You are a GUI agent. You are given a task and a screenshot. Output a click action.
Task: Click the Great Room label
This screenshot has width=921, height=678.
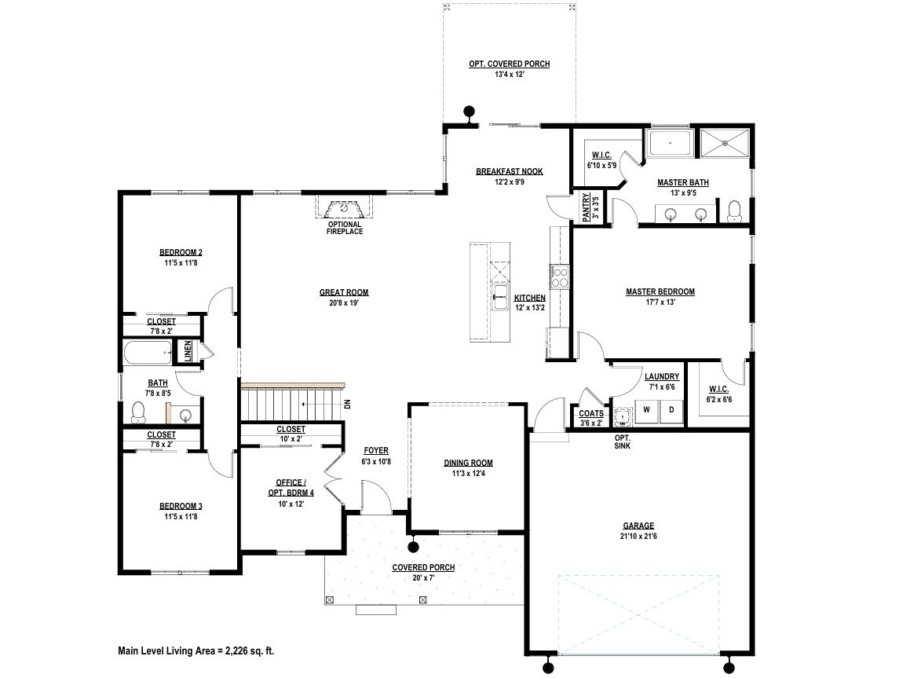pyautogui.click(x=344, y=292)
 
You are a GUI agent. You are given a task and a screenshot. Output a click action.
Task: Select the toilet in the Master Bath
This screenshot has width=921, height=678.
pyautogui.click(x=734, y=211)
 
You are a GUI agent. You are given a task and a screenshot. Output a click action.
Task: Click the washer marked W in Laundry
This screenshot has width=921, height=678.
pyautogui.click(x=647, y=410)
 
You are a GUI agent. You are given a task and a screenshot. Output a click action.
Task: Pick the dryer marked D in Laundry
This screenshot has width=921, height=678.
pyautogui.click(x=671, y=410)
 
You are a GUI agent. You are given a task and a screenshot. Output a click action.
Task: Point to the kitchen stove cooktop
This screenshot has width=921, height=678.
pyautogui.click(x=559, y=277)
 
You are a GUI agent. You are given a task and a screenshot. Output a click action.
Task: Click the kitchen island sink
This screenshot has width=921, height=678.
pyautogui.click(x=500, y=297)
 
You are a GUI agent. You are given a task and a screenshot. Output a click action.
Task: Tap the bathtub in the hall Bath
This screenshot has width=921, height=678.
pyautogui.click(x=148, y=353)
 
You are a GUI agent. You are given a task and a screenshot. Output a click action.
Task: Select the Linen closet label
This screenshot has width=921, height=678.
pyautogui.click(x=188, y=352)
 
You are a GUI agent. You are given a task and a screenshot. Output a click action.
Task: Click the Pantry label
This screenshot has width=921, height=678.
pyautogui.click(x=586, y=207)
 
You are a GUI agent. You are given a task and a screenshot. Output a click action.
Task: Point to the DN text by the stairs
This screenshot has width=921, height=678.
pyautogui.click(x=347, y=405)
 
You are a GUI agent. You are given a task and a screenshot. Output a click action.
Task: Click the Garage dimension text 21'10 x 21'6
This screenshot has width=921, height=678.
pyautogui.click(x=638, y=537)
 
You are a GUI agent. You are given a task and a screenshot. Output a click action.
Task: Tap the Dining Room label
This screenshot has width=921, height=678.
pyautogui.click(x=468, y=463)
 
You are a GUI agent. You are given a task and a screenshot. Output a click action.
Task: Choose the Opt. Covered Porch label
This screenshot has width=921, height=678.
pyautogui.click(x=510, y=64)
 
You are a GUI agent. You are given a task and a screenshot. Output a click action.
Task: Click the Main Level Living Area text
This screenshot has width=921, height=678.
pyautogui.click(x=196, y=651)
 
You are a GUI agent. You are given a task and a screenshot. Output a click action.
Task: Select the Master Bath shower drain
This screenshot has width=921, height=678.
pyautogui.click(x=725, y=142)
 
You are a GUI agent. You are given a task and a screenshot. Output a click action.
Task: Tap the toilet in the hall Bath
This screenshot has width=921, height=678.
pyautogui.click(x=139, y=412)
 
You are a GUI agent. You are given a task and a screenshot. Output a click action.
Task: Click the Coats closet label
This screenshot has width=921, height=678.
pyautogui.click(x=591, y=413)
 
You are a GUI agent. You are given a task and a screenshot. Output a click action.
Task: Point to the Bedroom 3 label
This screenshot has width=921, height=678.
pyautogui.click(x=181, y=507)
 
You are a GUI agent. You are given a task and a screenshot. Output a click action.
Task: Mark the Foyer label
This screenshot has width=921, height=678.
pyautogui.click(x=376, y=451)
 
